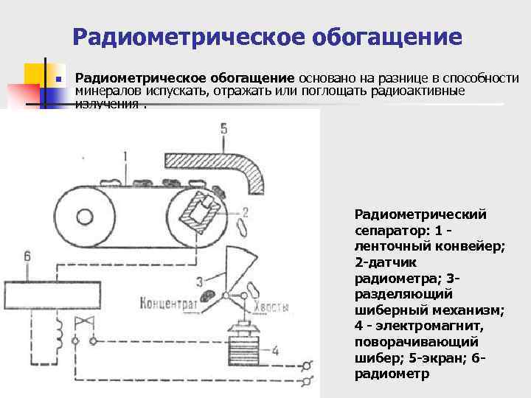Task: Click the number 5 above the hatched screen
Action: (x=223, y=129)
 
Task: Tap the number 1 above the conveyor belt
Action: (x=126, y=156)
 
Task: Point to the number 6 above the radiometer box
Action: (x=27, y=256)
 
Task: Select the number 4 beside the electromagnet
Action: (x=275, y=351)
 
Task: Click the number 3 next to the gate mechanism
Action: (x=199, y=280)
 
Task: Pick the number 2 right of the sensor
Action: (x=244, y=212)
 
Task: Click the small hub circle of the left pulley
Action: (x=84, y=217)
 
